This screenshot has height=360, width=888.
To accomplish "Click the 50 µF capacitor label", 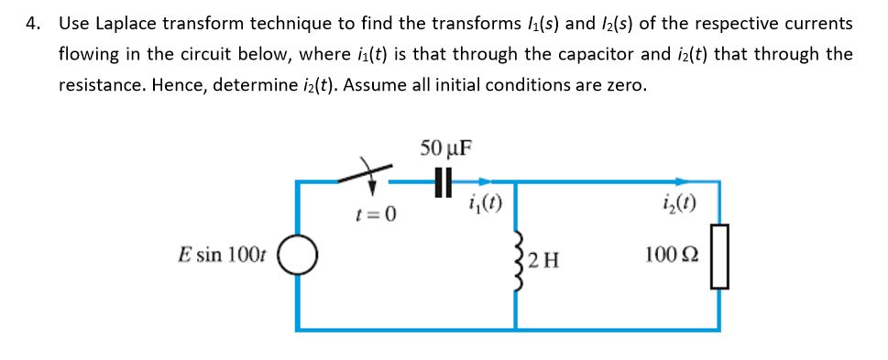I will click(x=445, y=149).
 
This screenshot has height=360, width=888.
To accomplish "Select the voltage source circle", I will click(x=300, y=255).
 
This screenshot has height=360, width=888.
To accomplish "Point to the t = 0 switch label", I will click(x=376, y=215).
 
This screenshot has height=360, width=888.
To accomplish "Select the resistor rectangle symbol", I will click(x=719, y=255).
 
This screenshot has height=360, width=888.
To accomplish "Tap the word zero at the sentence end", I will click(x=628, y=86).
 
